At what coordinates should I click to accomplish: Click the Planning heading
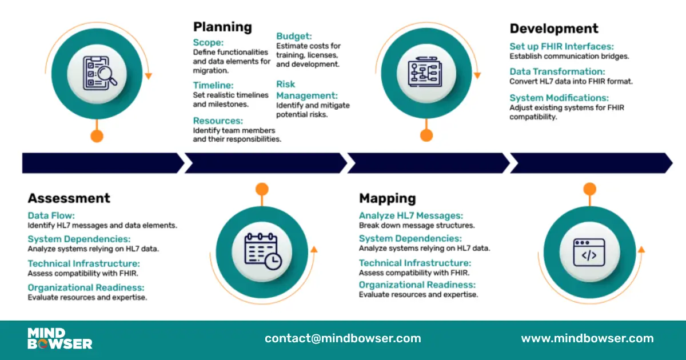(222, 27)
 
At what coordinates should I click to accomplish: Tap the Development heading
(554, 29)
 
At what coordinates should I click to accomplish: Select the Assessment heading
(69, 198)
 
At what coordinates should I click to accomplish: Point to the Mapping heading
(388, 199)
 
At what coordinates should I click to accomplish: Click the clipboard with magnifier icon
(100, 73)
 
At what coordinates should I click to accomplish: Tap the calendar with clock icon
(263, 251)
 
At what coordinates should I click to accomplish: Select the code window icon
(589, 253)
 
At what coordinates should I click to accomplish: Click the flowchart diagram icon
(425, 72)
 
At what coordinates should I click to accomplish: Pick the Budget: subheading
(294, 36)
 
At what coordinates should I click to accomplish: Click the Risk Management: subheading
(307, 90)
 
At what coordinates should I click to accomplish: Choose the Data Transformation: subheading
(557, 71)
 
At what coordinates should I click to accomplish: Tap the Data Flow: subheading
(51, 215)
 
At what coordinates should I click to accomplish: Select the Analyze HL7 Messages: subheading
(411, 215)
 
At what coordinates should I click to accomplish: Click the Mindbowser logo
(59, 338)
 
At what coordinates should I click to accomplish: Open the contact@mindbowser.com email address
(343, 338)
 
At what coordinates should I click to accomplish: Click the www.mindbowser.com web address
(588, 338)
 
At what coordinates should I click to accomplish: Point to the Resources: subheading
(218, 121)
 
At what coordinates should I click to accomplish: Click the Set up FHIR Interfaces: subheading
(561, 46)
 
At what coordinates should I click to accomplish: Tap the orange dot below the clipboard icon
(97, 136)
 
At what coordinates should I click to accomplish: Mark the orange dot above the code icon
(589, 189)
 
